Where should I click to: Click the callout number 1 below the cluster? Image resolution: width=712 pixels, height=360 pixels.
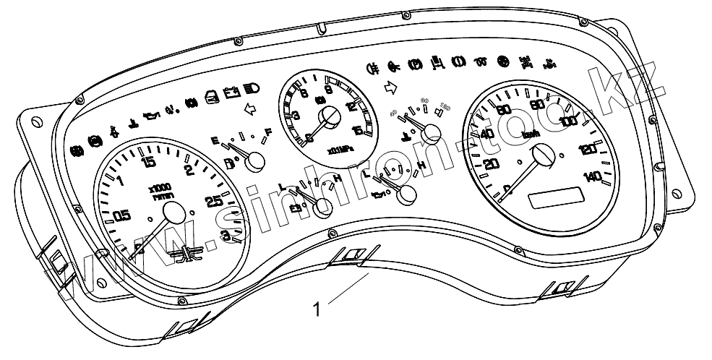316,309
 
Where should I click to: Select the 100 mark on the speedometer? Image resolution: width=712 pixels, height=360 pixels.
569,120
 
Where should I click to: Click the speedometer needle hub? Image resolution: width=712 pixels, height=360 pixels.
544,155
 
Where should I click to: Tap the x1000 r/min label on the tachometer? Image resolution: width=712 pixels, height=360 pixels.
160,192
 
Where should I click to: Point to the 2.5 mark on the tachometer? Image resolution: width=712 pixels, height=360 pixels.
213,202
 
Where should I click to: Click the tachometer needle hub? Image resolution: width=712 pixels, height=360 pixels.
176,212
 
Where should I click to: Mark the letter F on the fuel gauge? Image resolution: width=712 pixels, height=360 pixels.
268,132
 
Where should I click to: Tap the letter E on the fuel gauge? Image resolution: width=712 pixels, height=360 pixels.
214,140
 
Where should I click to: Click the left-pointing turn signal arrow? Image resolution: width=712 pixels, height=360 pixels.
251,110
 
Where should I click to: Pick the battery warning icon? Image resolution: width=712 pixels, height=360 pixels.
231,93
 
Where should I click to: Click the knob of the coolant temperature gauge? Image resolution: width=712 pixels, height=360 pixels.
433,132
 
